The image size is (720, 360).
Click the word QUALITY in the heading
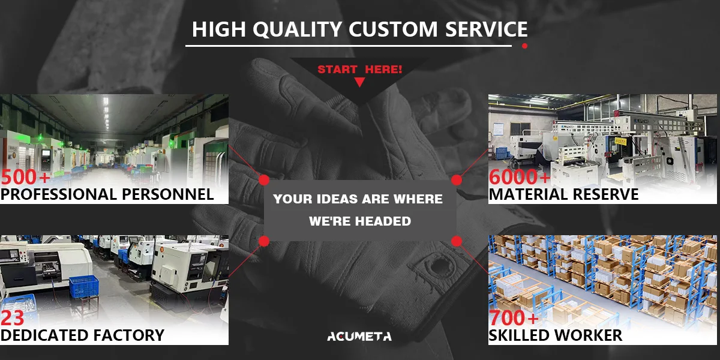point(297,29)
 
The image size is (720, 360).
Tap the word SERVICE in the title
point(487,29)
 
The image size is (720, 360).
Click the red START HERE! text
point(359,70)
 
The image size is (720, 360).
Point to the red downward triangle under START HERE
point(359,82)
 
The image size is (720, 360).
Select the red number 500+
point(26,177)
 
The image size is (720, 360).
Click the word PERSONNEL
point(167,194)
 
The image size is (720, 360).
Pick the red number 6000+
point(520,177)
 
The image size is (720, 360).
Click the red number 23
point(12,318)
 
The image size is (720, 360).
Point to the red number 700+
point(514,318)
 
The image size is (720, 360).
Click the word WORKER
point(588,335)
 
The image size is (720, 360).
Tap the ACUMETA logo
point(359,337)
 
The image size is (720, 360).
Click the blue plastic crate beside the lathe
point(84,286)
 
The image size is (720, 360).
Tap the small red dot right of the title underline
point(524,46)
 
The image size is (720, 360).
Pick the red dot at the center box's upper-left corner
point(264,180)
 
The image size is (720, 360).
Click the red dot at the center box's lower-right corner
point(457,241)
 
